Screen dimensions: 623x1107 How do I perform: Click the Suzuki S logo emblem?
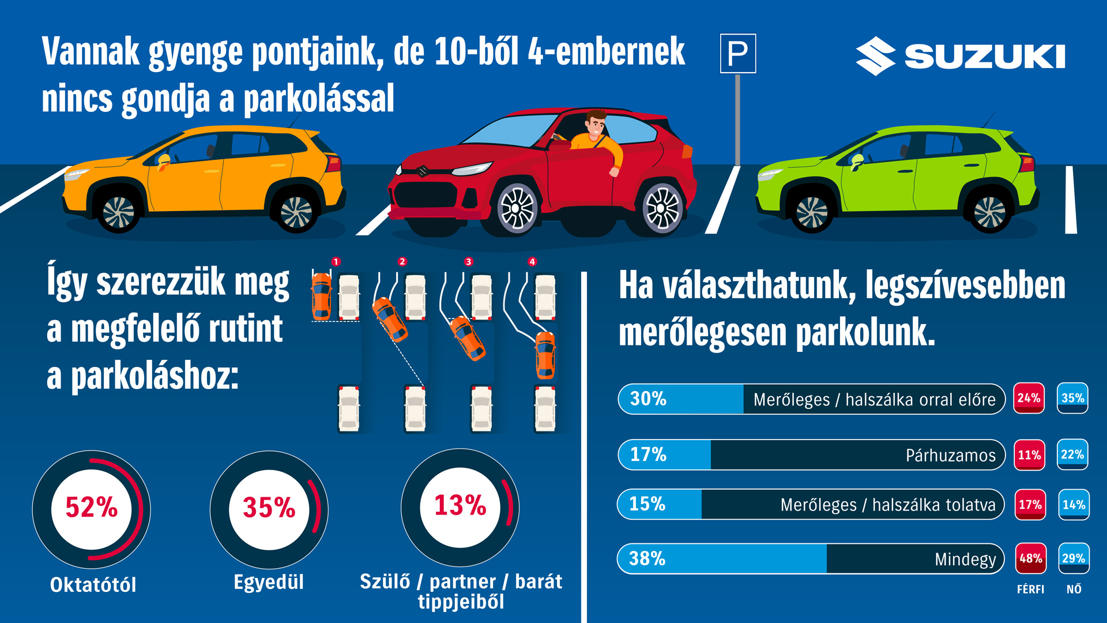(x=875, y=57)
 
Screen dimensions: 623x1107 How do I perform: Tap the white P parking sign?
(x=738, y=54)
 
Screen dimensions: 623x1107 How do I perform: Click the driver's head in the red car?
(x=595, y=123)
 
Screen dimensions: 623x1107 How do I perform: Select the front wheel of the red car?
(x=517, y=208)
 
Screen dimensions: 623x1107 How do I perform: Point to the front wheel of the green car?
(x=812, y=212)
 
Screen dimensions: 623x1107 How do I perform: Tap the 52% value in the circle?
(x=91, y=508)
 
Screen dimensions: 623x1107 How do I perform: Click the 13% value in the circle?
(x=460, y=505)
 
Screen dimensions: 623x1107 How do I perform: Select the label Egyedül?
(x=269, y=582)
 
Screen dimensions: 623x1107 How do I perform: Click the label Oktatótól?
(x=93, y=585)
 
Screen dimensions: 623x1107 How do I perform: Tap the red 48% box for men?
(x=1030, y=558)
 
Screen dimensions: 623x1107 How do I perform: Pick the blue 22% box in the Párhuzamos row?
(x=1072, y=455)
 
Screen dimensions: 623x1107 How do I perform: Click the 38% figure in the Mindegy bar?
(x=647, y=558)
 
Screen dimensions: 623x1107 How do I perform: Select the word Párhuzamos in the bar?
(x=950, y=456)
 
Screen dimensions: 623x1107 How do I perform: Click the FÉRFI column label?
(x=1030, y=589)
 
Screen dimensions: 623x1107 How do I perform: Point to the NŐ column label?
(x=1074, y=589)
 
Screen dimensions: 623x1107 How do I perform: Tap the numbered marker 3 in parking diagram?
(x=468, y=262)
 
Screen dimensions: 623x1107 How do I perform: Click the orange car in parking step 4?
(x=545, y=355)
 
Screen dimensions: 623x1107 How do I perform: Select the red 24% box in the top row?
(x=1029, y=398)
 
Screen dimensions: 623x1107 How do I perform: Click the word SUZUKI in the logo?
(x=984, y=57)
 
